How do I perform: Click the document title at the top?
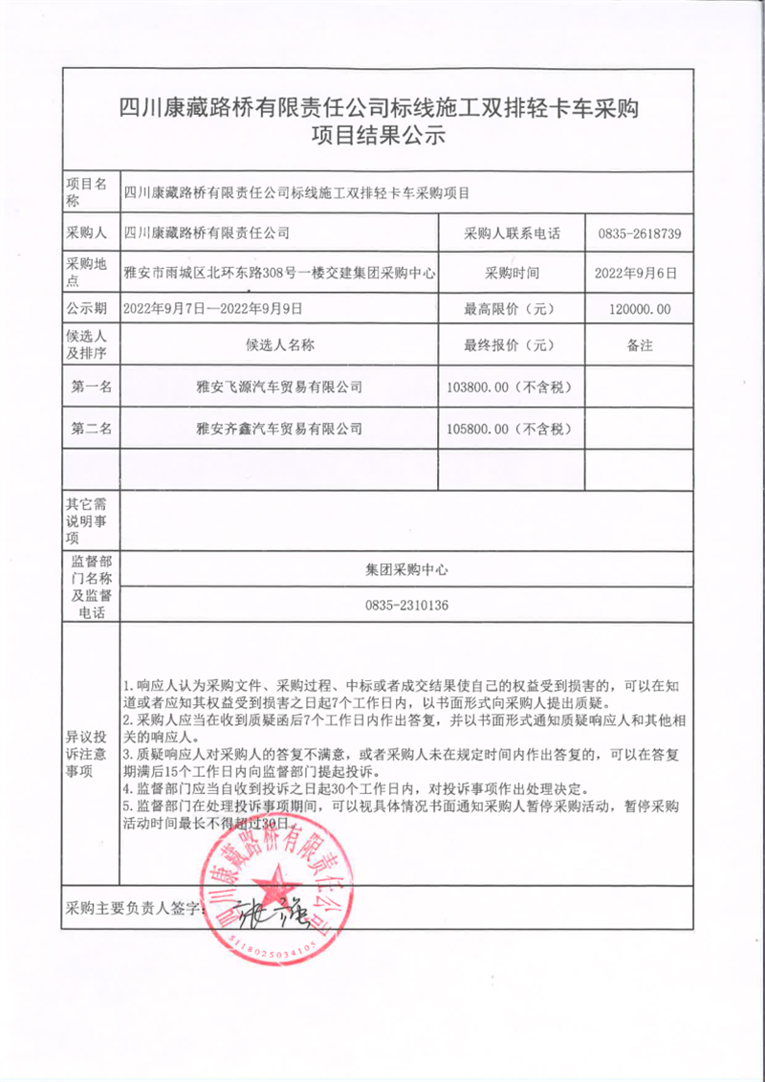tap(382, 121)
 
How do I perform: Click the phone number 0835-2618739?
tap(640, 233)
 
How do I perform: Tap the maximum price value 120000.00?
tap(640, 309)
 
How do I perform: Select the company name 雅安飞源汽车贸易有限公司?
tap(278, 386)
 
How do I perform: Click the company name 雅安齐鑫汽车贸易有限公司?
tap(278, 429)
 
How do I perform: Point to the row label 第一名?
tap(92, 386)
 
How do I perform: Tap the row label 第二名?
tap(92, 429)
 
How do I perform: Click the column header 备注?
tap(640, 345)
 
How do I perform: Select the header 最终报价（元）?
tap(510, 345)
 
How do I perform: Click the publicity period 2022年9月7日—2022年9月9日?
tap(213, 309)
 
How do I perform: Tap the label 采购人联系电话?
tap(512, 233)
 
